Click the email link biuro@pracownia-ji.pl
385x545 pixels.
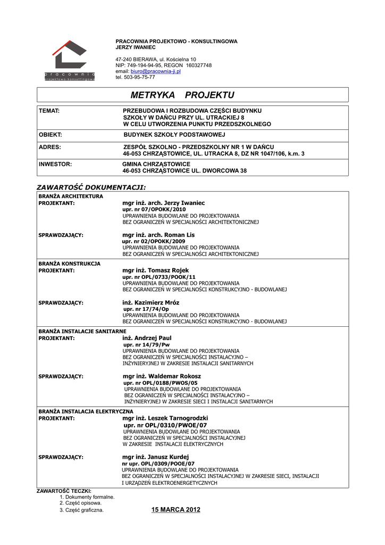pyautogui.click(x=156, y=71)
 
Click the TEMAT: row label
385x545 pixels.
pyautogui.click(x=48, y=110)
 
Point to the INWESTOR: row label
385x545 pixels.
pyautogui.click(x=55, y=164)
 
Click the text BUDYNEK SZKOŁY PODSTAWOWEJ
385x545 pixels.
pyautogui.click(x=174, y=135)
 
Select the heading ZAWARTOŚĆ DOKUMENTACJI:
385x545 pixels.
pyautogui.click(x=91, y=187)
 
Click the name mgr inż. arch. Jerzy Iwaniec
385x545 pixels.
pyautogui.click(x=163, y=203)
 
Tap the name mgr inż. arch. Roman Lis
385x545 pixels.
pyautogui.click(x=158, y=235)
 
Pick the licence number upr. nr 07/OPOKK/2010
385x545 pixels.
pyautogui.click(x=154, y=210)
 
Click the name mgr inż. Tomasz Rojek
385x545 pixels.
pyautogui.click(x=155, y=270)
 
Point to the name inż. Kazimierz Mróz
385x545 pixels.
pyautogui.click(x=151, y=302)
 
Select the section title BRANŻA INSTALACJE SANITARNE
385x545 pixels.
pyautogui.click(x=79, y=331)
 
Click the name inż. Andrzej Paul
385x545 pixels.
pyautogui.click(x=147, y=338)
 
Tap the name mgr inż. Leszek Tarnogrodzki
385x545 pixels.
pyautogui.click(x=165, y=418)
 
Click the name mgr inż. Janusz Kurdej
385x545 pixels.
pyautogui.click(x=155, y=457)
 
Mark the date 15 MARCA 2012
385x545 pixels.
pyautogui.click(x=176, y=510)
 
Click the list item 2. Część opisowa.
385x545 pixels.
pyautogui.click(x=80, y=502)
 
